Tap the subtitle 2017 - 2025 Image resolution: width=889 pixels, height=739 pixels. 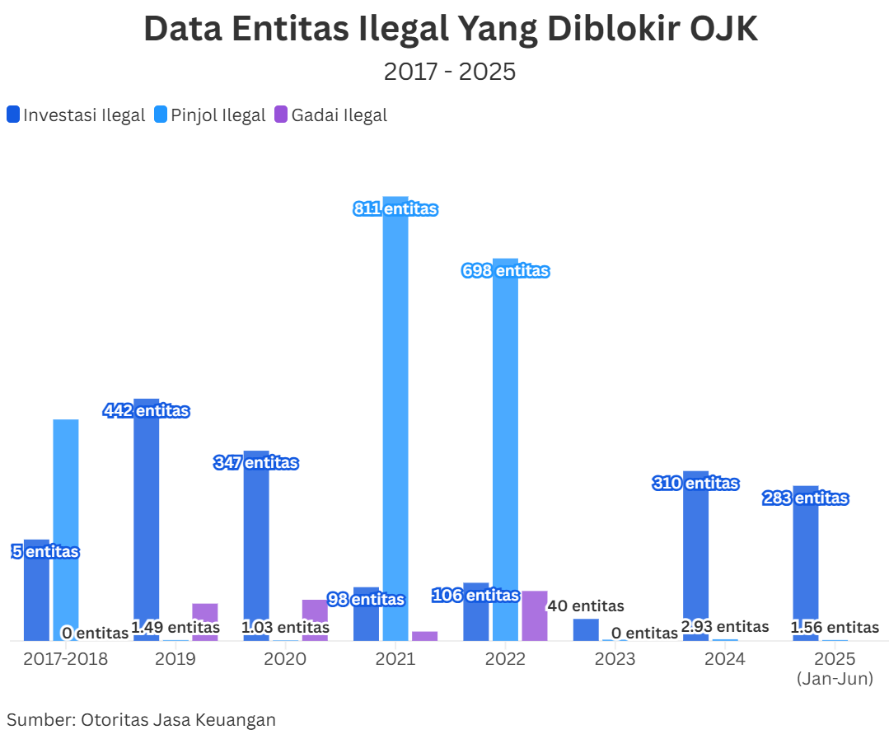(450, 72)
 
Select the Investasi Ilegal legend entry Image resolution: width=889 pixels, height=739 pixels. (76, 115)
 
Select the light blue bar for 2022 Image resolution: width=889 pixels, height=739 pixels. (505, 453)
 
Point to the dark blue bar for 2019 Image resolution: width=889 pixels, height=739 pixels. (146, 519)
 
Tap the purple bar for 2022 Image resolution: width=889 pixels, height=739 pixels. (534, 615)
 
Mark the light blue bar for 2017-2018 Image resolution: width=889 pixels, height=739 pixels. (66, 527)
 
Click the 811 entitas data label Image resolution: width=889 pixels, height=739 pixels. (395, 209)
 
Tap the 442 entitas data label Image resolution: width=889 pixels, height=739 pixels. (147, 410)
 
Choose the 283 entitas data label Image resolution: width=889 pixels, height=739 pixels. (806, 498)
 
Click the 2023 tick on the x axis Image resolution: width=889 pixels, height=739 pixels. (615, 659)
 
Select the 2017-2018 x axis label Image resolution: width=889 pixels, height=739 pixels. (66, 659)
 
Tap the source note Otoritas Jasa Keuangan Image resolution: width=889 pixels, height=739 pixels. (141, 719)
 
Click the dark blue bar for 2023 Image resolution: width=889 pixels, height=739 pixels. (586, 629)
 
